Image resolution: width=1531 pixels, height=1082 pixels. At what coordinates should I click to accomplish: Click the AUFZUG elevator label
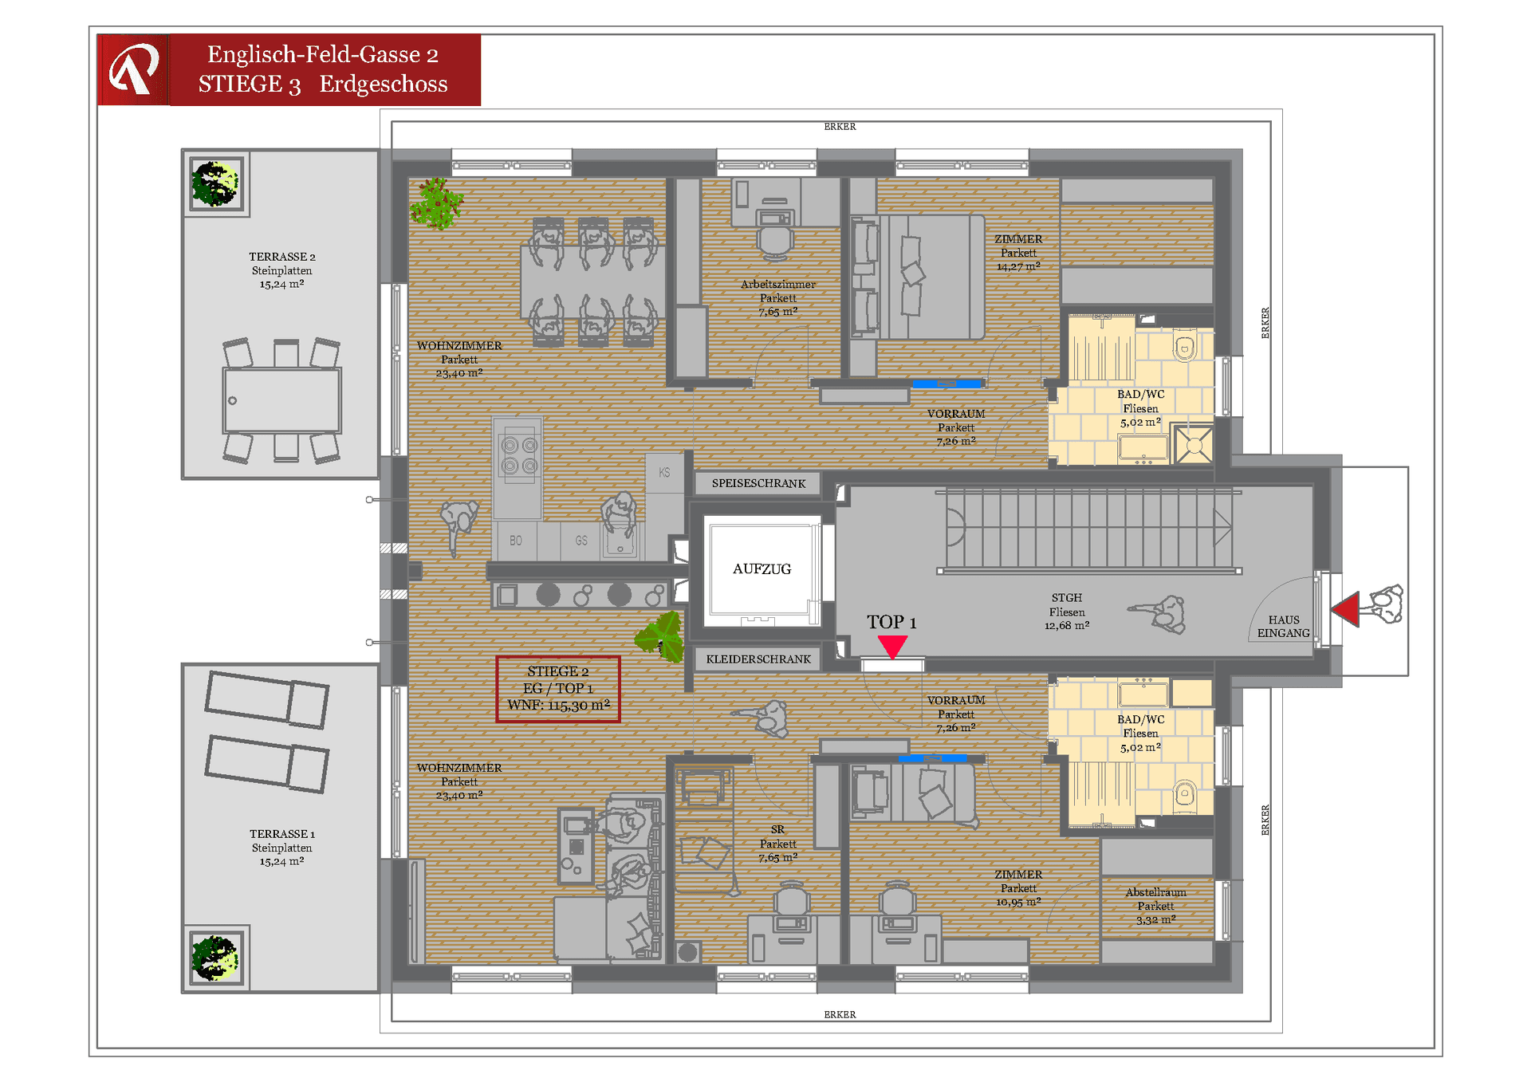[762, 569]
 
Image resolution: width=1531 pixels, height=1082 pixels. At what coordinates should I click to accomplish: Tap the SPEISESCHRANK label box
[758, 483]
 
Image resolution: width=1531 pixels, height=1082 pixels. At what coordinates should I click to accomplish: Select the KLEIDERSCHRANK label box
[758, 659]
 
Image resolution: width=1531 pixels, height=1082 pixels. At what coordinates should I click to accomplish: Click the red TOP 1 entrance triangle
[892, 645]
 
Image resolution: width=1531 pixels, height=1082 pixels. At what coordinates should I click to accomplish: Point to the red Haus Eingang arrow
[1346, 609]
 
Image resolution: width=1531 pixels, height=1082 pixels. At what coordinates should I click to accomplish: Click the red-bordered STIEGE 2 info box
[558, 689]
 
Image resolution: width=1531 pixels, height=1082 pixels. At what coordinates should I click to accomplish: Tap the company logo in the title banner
[133, 69]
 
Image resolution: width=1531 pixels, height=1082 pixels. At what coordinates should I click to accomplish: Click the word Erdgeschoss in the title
[384, 84]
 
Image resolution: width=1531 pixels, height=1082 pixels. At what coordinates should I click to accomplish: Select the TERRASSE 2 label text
[281, 257]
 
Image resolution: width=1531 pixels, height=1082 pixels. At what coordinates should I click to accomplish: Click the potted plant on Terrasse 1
[214, 957]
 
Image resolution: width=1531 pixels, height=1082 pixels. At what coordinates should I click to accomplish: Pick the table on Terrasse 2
[282, 400]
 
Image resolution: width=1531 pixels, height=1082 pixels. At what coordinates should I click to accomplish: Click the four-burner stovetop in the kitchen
[519, 455]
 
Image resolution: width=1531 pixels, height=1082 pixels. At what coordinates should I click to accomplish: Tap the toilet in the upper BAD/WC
[1185, 347]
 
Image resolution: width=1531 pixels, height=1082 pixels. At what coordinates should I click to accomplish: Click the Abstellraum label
[1155, 892]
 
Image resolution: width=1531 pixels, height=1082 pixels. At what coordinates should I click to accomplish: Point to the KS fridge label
[664, 473]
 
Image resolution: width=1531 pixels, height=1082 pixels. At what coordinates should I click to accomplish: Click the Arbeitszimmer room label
[777, 285]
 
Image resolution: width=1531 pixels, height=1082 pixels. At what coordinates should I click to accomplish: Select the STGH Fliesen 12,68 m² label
[1066, 612]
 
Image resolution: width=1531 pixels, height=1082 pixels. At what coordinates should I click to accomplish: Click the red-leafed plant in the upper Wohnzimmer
[436, 203]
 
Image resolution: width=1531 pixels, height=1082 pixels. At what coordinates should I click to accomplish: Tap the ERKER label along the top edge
[840, 127]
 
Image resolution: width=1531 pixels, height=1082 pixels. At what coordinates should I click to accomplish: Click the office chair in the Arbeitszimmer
[775, 240]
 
